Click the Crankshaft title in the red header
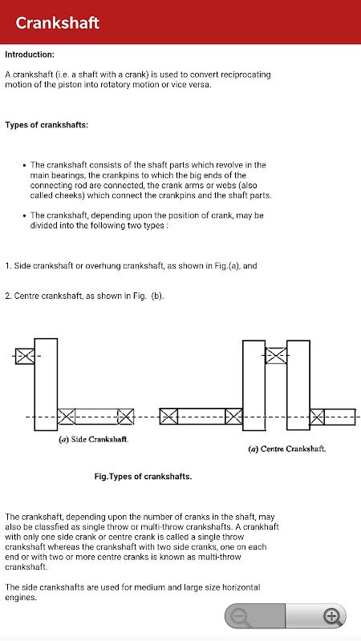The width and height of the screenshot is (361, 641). point(57,22)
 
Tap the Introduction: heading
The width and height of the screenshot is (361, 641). point(30,54)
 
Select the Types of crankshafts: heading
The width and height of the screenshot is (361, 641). point(47,125)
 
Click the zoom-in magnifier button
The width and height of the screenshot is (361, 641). point(331,615)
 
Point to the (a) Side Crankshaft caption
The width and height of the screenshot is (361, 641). point(94,440)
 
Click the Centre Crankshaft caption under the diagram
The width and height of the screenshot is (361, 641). point(287,449)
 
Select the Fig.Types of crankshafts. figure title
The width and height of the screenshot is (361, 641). point(143,476)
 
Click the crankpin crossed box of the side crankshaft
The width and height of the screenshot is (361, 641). point(25,356)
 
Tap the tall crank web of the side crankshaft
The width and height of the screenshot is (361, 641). point(46,385)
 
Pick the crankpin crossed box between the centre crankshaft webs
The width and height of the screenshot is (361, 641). point(276,355)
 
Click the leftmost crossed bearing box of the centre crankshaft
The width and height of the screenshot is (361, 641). point(168,416)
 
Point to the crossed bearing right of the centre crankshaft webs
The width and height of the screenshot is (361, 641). point(317,417)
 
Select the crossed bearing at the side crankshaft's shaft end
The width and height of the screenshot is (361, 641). point(125,417)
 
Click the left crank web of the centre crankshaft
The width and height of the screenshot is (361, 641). point(254,385)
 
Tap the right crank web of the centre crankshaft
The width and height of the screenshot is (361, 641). point(298,385)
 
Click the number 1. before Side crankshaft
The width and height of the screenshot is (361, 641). point(8,266)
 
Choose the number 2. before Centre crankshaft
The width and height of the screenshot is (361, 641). point(8,296)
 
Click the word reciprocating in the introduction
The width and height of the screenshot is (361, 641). point(245,75)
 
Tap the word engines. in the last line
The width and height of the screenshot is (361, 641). point(21,598)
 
